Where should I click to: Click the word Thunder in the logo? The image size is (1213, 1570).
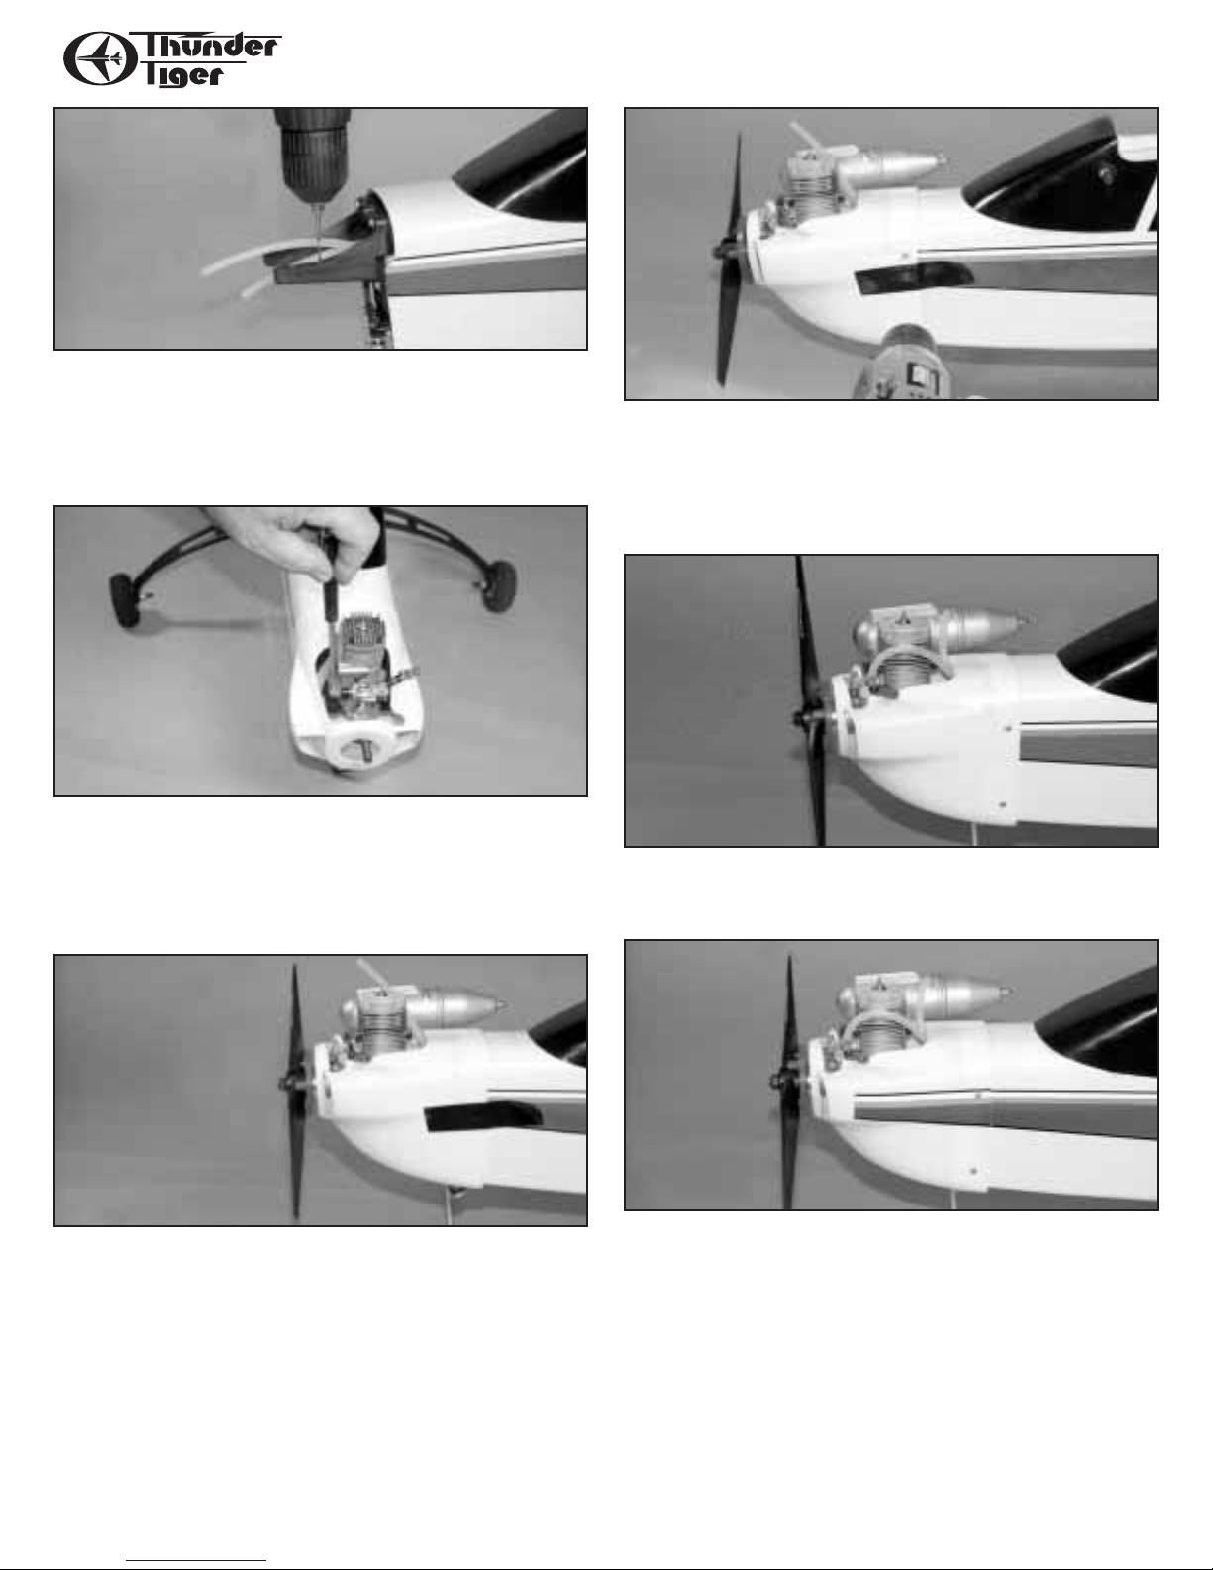[x=209, y=47]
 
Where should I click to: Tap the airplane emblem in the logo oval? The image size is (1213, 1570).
[x=100, y=58]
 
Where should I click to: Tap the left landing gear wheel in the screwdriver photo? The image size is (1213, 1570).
[x=129, y=599]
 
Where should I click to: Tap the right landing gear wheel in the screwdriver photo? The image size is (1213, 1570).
[x=498, y=586]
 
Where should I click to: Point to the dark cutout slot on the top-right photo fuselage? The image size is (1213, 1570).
[x=912, y=279]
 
